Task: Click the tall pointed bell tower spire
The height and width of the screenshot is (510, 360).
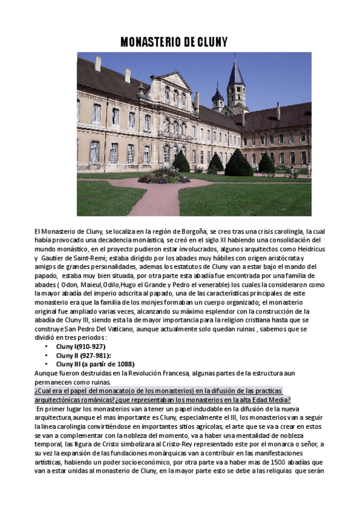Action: [x=236, y=75]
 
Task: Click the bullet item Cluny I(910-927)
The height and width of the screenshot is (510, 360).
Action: [x=81, y=347]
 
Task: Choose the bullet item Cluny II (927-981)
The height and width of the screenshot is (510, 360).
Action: [x=82, y=355]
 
